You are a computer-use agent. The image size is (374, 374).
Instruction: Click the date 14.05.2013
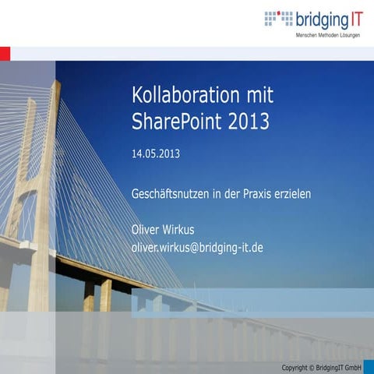point(156,153)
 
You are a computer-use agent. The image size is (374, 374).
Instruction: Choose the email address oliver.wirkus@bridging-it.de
point(197,247)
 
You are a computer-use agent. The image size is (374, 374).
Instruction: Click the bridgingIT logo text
point(330,18)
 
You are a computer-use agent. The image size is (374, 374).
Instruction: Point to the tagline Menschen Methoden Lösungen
point(327,37)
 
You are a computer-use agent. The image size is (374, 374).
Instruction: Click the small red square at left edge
point(5,53)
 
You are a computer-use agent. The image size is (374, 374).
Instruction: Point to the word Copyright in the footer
point(296,366)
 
